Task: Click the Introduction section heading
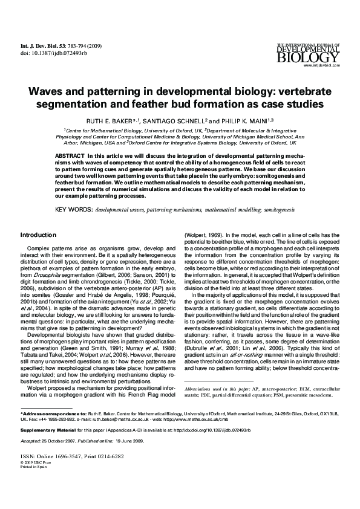(x=39, y=235)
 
